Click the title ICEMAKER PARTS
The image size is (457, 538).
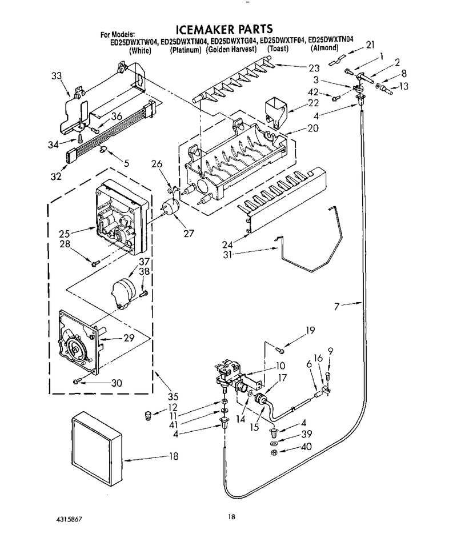click(x=224, y=29)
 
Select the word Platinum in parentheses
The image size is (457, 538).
click(x=186, y=50)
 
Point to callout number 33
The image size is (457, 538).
click(x=57, y=75)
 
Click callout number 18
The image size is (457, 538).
click(x=174, y=456)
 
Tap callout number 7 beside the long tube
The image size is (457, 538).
click(x=337, y=306)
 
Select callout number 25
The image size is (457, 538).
click(x=64, y=234)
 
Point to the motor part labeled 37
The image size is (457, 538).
click(x=122, y=291)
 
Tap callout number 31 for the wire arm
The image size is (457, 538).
click(x=227, y=254)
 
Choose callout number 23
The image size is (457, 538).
click(x=314, y=69)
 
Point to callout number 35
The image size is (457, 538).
click(x=173, y=396)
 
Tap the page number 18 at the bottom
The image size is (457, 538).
click(x=231, y=517)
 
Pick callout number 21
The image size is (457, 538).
click(x=370, y=45)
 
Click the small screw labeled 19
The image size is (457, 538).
click(x=280, y=350)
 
